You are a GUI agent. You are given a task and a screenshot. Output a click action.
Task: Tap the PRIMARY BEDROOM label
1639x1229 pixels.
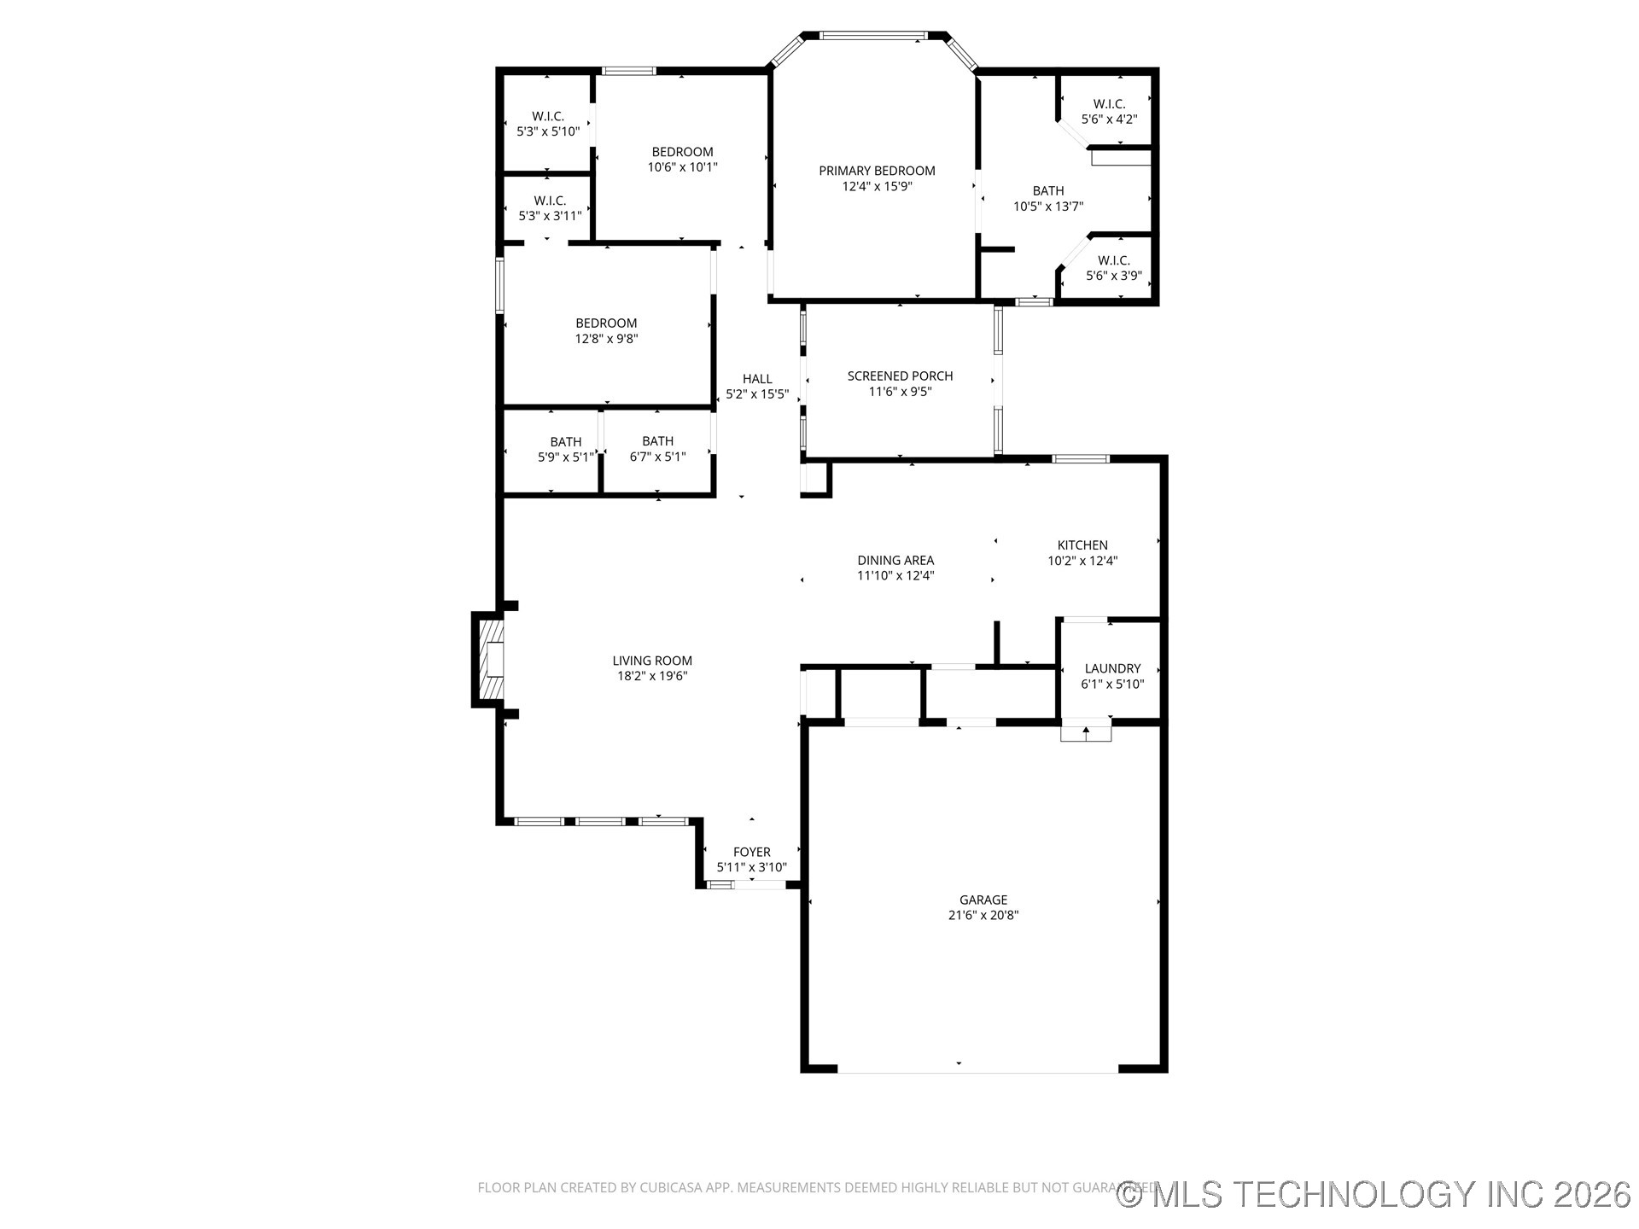click(x=877, y=171)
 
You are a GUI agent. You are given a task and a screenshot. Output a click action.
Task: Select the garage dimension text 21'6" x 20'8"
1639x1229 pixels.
click(x=983, y=915)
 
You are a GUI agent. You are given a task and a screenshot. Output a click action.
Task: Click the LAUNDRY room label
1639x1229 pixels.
click(x=1112, y=668)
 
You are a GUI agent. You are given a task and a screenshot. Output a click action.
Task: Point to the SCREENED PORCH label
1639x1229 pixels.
click(x=900, y=376)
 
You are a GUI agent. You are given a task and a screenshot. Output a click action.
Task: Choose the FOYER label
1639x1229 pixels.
click(x=751, y=852)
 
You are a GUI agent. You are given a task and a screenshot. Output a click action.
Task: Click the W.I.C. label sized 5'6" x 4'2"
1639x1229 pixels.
click(x=1109, y=112)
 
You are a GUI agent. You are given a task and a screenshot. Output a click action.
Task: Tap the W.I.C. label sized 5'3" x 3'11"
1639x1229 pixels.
click(x=550, y=208)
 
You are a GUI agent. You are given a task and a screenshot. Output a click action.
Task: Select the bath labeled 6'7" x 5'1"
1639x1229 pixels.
click(x=657, y=449)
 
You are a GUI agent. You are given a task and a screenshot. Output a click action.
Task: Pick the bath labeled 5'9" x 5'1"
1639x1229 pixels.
click(x=565, y=450)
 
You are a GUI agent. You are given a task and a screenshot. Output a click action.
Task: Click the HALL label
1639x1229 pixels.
click(x=756, y=379)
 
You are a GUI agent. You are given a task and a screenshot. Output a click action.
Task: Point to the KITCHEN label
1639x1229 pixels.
click(x=1082, y=545)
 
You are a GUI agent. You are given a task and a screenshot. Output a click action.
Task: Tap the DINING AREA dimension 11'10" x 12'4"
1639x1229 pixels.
click(x=895, y=575)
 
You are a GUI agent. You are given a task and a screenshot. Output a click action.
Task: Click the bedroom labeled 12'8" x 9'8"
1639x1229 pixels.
click(x=606, y=330)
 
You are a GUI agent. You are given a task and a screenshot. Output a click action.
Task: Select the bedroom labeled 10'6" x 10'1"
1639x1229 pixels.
click(x=682, y=160)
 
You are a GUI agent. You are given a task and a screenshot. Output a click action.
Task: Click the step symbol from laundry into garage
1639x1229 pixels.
click(x=1086, y=731)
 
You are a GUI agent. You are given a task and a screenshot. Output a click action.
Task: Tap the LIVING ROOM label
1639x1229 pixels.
click(x=651, y=660)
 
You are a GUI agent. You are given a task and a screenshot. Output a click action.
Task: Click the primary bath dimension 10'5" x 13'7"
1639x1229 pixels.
click(x=1048, y=206)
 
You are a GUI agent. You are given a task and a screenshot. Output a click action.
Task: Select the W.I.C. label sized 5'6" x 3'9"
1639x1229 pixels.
click(x=1113, y=268)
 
